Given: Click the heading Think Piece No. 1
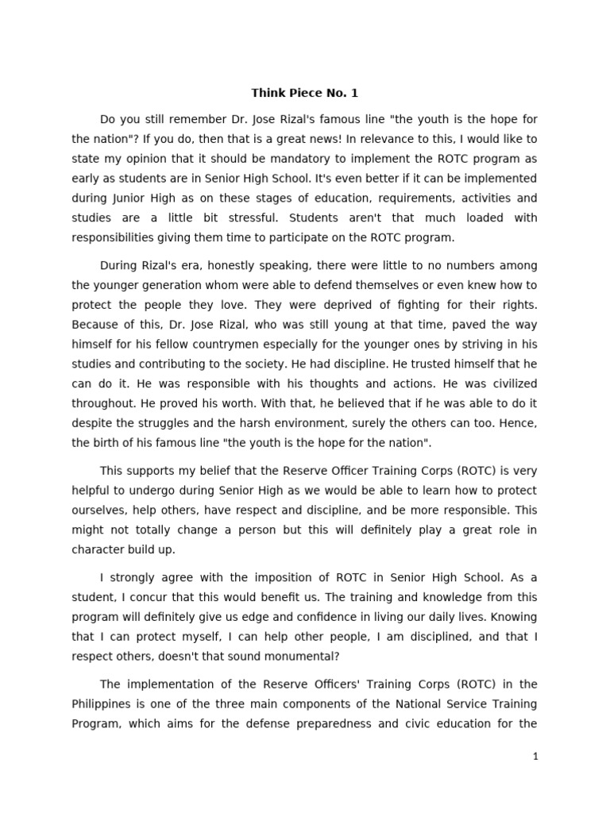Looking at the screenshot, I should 305,93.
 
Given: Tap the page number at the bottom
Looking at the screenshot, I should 536,757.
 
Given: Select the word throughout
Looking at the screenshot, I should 102,403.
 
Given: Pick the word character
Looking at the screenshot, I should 99,549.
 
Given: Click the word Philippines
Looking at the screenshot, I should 102,703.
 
